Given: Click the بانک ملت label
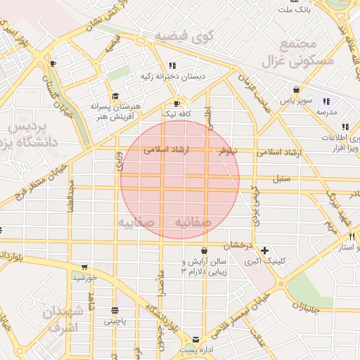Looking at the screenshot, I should [x=294, y=11].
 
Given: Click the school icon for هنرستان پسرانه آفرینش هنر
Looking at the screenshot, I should [x=115, y=97].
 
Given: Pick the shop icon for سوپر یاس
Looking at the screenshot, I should [x=297, y=90].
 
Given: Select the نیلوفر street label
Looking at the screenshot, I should [x=227, y=151].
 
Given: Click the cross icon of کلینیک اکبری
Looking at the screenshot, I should [x=264, y=250].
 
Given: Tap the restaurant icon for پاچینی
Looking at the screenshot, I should [x=115, y=310].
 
